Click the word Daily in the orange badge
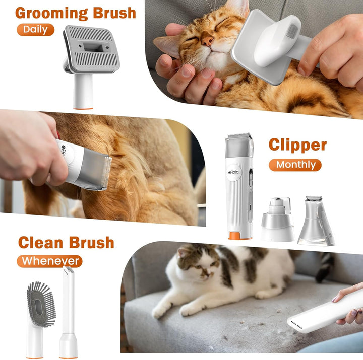[35, 29]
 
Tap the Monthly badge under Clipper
[295, 165]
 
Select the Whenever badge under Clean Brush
[50, 261]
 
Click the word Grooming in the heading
[48, 13]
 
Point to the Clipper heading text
[297, 145]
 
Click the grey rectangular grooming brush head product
[92, 49]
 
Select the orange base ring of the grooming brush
[82, 107]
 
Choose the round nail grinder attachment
[277, 220]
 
